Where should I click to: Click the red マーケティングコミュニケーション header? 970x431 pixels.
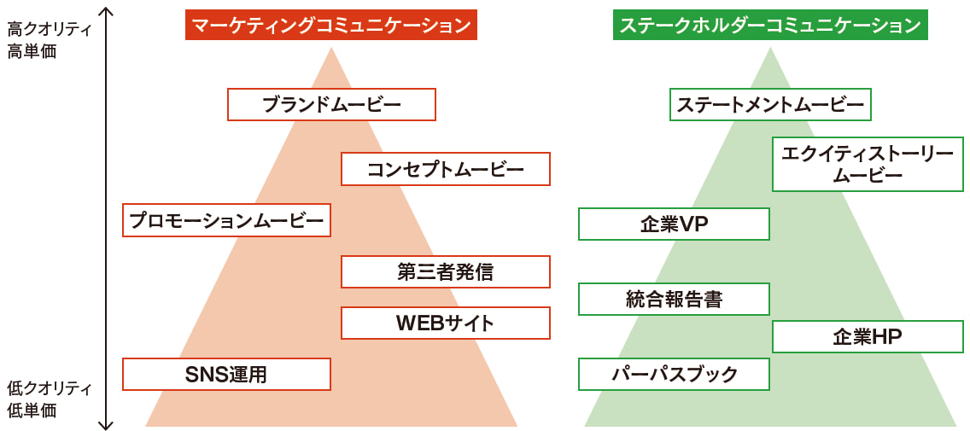(330, 26)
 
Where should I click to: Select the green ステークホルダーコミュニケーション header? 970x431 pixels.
(770, 26)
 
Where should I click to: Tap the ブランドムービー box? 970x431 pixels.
(331, 105)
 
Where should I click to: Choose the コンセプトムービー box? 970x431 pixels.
(445, 169)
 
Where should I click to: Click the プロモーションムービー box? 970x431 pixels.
(226, 220)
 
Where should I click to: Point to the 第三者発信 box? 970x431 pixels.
(445, 271)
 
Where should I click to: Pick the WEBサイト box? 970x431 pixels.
(445, 323)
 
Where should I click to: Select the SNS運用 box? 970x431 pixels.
(226, 374)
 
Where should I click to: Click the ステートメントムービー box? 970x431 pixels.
(770, 105)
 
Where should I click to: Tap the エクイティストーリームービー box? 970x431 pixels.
(868, 164)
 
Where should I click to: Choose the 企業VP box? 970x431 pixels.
(674, 224)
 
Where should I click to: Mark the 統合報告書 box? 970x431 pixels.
(674, 299)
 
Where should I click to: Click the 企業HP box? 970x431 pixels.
(868, 336)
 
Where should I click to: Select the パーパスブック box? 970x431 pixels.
(674, 374)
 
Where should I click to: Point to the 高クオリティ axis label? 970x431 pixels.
(49, 29)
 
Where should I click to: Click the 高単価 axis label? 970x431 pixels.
(32, 51)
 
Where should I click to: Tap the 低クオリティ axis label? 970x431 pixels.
(49, 387)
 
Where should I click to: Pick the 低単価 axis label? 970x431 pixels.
(32, 411)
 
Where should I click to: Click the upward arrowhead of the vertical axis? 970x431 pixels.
(106, 11)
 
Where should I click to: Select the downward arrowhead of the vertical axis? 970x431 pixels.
(106, 423)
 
